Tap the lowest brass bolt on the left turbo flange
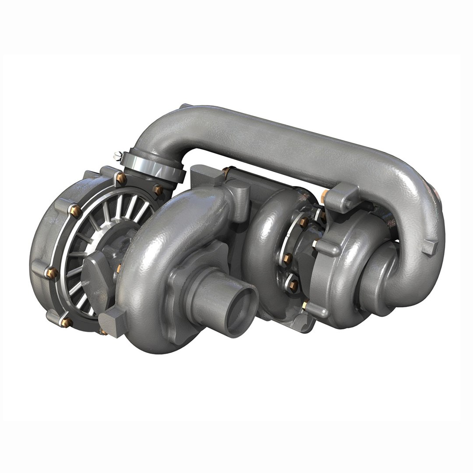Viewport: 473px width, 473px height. click(68, 322)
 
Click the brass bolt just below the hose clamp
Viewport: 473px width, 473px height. click(158, 190)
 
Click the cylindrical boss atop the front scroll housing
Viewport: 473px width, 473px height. click(239, 194)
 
